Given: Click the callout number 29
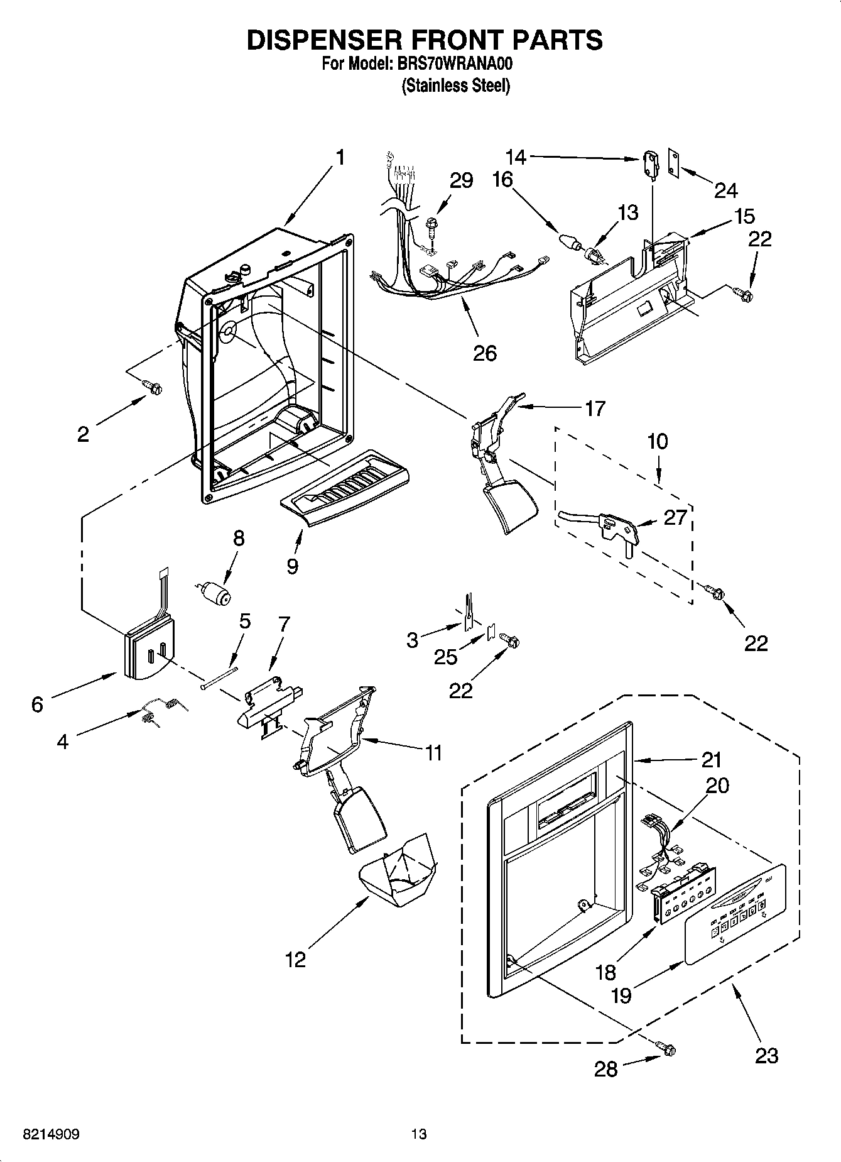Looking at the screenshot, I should tap(462, 180).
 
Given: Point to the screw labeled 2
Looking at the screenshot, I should tap(151, 387).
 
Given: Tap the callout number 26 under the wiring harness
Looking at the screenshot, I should tap(485, 353).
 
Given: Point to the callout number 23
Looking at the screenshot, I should tap(766, 1055).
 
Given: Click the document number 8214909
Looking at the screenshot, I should tap(51, 1134).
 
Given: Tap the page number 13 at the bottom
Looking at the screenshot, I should tap(419, 1134).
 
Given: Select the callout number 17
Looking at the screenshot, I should tap(594, 408).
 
